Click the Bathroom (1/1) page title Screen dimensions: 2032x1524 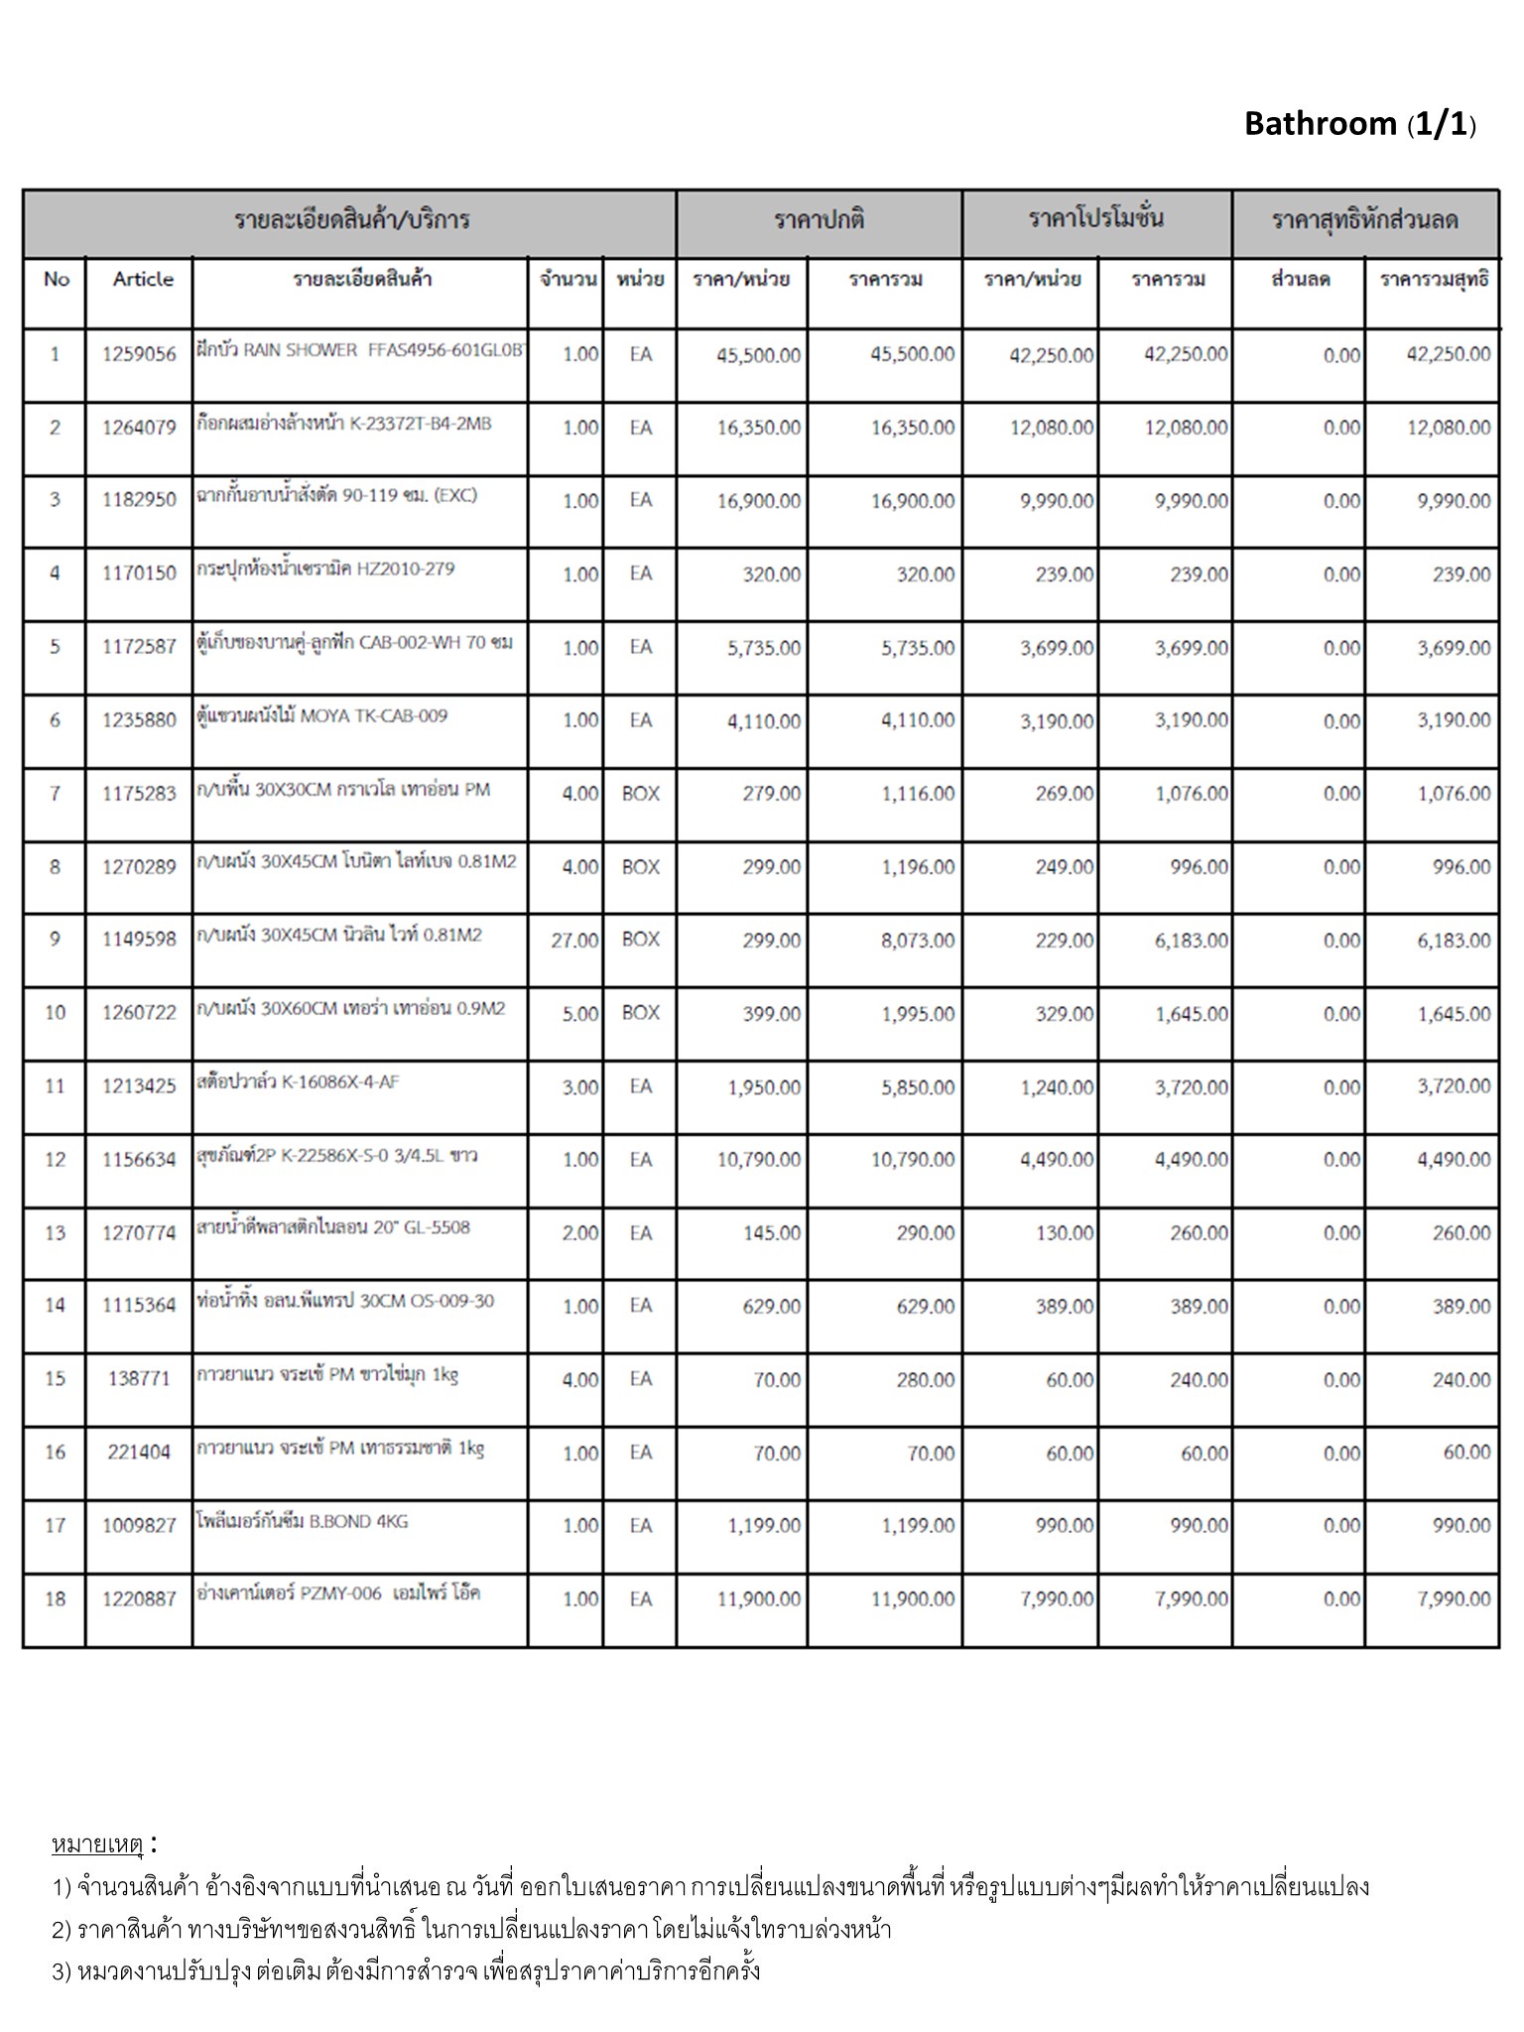1359,124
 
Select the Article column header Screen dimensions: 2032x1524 143,280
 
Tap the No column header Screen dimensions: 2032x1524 57,280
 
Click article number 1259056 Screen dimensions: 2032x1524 139,354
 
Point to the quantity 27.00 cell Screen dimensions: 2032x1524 574,940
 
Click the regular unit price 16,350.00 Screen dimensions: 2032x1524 758,428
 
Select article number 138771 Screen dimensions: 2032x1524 139,1378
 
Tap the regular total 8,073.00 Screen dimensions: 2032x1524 918,940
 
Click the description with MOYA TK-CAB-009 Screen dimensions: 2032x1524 322,716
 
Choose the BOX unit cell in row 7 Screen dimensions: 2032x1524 640,794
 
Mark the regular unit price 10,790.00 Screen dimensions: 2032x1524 758,1160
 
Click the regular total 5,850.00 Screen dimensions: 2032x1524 918,1087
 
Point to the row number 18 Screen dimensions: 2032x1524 55,1598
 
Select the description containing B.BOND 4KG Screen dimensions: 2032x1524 303,1521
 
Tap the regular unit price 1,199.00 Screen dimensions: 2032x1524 764,1526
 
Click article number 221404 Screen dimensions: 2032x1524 139,1452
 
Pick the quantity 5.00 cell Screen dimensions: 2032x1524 580,1014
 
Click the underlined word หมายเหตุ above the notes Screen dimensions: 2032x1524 97,1845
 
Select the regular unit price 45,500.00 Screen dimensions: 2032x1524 758,355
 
